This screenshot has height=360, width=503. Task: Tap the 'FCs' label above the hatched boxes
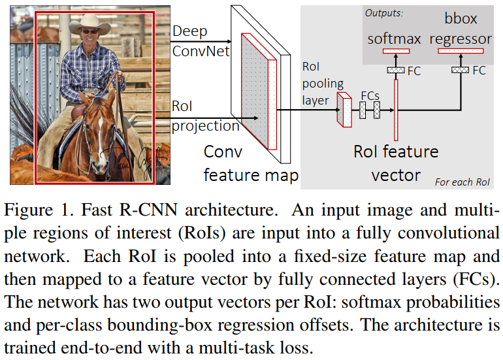370,97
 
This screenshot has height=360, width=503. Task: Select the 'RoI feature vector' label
396,163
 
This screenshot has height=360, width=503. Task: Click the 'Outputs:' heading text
384,12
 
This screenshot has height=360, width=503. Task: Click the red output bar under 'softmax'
396,51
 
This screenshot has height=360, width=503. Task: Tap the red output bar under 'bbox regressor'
461,51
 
